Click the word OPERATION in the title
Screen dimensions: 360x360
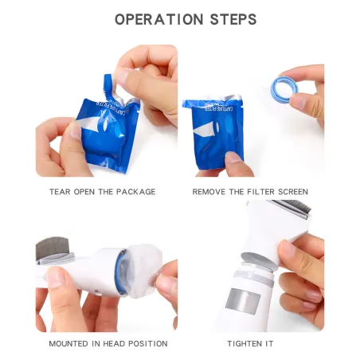pos(159,20)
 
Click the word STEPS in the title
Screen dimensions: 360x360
pos(233,20)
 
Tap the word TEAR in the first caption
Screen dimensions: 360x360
pos(60,192)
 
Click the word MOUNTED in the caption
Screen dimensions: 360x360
pos(68,343)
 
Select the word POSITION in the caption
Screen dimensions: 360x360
pos(148,343)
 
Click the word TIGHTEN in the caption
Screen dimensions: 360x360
pos(245,343)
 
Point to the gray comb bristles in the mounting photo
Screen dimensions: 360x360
pos(53,248)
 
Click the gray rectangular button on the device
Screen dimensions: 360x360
pos(243,301)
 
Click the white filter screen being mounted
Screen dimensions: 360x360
pos(143,270)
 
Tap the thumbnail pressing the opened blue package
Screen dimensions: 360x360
pos(233,157)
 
